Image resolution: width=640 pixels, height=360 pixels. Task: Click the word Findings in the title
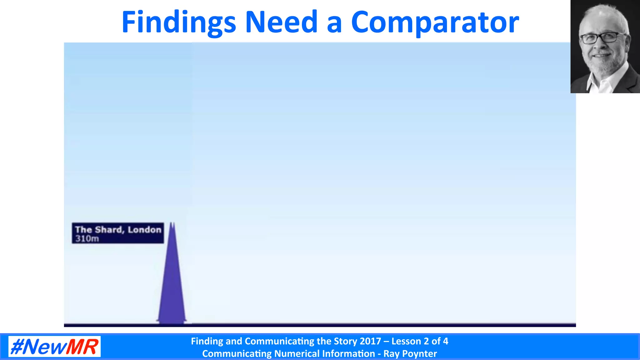pyautogui.click(x=178, y=22)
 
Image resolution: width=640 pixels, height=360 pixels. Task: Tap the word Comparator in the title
pyautogui.click(x=435, y=22)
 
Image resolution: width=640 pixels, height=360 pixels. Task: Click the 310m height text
pyautogui.click(x=87, y=239)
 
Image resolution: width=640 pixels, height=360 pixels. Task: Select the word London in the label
pyautogui.click(x=144, y=230)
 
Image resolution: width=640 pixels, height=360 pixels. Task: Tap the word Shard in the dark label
pyautogui.click(x=108, y=230)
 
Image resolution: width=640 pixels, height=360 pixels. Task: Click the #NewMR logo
pyautogui.click(x=54, y=347)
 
